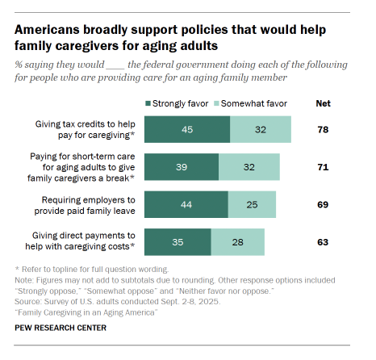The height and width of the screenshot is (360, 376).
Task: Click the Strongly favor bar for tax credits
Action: [187, 130]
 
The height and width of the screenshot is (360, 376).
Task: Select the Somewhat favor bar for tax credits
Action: [261, 130]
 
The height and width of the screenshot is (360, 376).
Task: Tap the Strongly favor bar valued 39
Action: [182, 167]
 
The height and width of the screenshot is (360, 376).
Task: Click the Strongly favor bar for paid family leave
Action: [186, 205]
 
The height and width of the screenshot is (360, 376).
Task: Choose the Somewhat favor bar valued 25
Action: [253, 205]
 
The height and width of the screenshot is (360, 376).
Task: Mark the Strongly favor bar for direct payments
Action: [178, 242]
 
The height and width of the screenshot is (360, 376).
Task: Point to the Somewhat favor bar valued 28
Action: [237, 242]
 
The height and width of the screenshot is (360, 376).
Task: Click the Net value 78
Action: [323, 130]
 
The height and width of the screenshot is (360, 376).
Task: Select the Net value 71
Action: [323, 167]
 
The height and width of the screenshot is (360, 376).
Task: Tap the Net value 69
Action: [323, 205]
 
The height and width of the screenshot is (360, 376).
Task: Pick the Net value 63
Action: [323, 242]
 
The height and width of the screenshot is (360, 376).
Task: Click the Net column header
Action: [323, 103]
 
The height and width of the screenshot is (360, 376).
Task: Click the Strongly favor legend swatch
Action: [148, 103]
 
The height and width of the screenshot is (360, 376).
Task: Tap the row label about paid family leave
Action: [95, 205]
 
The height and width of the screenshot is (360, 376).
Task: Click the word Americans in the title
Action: [49, 28]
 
